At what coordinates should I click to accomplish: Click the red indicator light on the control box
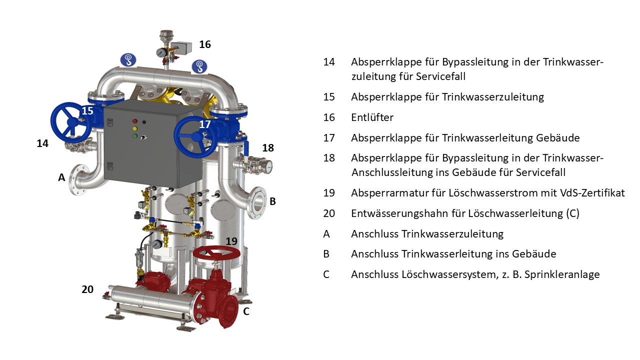[x=134, y=121]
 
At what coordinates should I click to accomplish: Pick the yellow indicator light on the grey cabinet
[x=134, y=128]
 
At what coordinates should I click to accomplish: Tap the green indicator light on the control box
[x=134, y=135]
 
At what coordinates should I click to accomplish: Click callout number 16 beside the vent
[x=205, y=44]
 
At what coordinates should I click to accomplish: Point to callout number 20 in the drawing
[x=87, y=289]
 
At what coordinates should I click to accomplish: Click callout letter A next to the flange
[x=61, y=177]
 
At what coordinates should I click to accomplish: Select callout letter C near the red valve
[x=246, y=311]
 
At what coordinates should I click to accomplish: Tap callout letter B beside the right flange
[x=272, y=201]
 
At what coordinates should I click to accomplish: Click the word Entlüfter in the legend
[x=372, y=117]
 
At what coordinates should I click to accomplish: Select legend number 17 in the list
[x=329, y=138]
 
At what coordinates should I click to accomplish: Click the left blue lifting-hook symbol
[x=128, y=59]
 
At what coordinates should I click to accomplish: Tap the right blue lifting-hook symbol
[x=199, y=66]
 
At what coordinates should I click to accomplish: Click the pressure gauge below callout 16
[x=161, y=52]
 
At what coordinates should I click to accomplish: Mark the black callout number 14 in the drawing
[x=42, y=143]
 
